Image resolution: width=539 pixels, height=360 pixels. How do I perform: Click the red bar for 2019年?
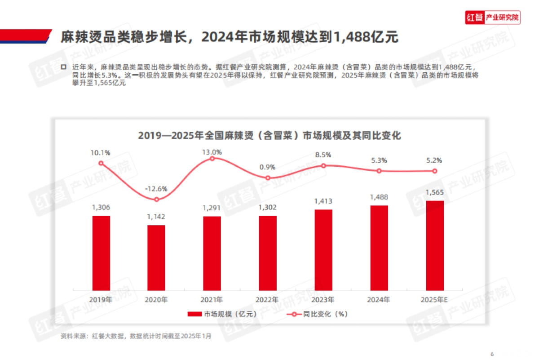(101, 253)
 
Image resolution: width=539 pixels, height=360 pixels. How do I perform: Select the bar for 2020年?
(156, 257)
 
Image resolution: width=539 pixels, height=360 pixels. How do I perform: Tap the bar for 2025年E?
(435, 245)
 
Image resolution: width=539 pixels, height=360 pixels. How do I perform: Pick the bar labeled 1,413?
(323, 249)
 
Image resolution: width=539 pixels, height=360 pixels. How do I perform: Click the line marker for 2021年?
(212, 158)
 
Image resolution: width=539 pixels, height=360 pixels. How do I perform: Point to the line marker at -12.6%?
(156, 200)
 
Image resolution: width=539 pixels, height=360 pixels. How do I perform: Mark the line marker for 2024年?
(379, 171)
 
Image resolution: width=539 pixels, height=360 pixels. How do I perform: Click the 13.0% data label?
(212, 152)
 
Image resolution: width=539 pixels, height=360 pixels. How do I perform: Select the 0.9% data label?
(268, 167)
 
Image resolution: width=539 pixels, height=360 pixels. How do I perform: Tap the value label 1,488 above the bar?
(379, 197)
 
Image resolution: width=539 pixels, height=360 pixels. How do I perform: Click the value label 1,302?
(268, 207)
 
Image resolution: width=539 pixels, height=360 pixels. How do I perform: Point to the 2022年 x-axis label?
(268, 299)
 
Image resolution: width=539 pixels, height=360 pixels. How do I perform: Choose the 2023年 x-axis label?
(323, 299)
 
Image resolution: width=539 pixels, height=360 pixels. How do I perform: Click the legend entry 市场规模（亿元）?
(222, 314)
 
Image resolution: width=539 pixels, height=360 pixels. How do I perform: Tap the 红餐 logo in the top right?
(492, 18)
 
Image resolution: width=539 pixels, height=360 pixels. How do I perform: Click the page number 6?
(492, 352)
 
